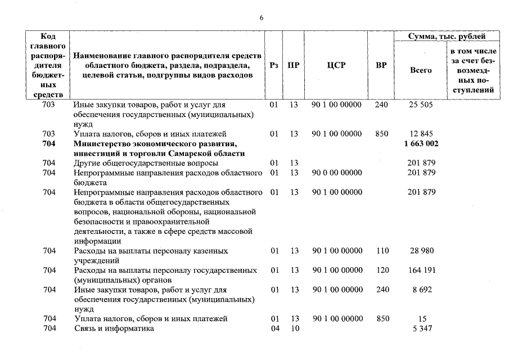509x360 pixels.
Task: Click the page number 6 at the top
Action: (x=261, y=17)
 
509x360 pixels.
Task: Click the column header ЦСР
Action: (x=336, y=65)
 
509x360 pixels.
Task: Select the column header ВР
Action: (x=381, y=65)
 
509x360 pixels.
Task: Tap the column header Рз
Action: (x=274, y=65)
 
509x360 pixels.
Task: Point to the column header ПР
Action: (x=293, y=65)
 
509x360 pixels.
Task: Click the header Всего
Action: (x=421, y=70)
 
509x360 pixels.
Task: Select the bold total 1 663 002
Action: (x=421, y=144)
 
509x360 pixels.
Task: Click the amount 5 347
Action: (x=421, y=328)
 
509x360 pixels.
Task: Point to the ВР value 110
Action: (x=382, y=251)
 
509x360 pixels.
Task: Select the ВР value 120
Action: (x=382, y=271)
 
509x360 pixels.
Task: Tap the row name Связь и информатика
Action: (x=114, y=328)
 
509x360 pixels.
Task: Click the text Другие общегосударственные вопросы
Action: (x=138, y=163)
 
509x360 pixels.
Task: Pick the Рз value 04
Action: (x=274, y=328)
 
